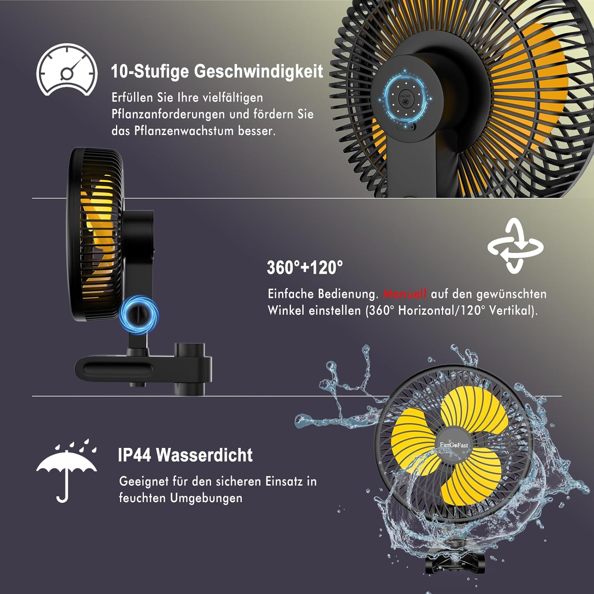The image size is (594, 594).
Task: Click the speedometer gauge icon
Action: coord(67,70)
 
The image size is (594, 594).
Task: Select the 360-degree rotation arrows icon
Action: coord(515,246)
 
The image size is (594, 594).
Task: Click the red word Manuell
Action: coord(405,294)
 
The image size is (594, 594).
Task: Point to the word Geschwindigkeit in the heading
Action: coord(259,71)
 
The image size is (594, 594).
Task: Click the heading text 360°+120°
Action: coord(305,268)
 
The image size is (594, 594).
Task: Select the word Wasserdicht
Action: coord(204,455)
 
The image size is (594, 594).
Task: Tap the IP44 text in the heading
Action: coord(135,455)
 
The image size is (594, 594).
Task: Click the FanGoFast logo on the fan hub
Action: coord(454,445)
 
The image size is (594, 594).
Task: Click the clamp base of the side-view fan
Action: coord(143,368)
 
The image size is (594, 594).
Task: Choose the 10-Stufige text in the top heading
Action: coord(150,71)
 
